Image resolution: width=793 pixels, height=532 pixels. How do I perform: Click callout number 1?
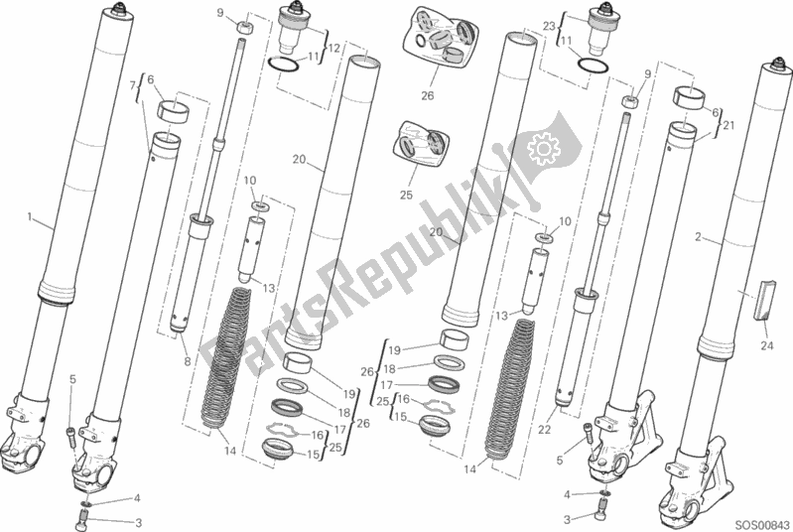(31, 217)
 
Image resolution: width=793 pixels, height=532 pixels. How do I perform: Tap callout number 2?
(699, 237)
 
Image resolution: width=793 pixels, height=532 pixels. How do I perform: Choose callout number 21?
(728, 125)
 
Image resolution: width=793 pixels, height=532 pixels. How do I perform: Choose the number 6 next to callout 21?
(713, 113)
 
